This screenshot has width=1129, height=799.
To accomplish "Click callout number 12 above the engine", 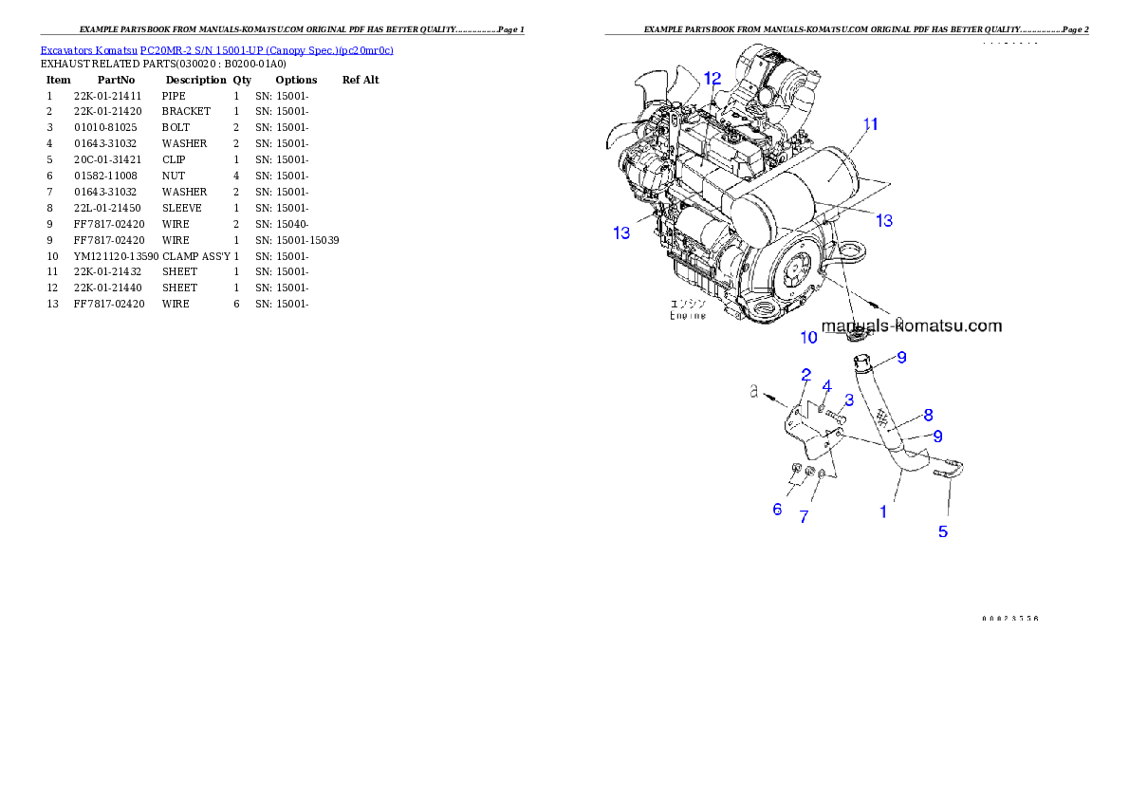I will tap(712, 78).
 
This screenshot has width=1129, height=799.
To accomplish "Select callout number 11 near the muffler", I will tap(870, 124).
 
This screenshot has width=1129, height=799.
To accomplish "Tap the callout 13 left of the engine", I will tap(621, 232).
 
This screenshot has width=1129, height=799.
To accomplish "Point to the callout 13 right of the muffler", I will tap(883, 220).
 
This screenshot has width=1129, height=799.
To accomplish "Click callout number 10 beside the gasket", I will tap(808, 337).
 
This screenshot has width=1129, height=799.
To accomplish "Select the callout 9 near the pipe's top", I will tap(901, 357).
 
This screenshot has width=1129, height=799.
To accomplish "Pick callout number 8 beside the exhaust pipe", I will tap(928, 414).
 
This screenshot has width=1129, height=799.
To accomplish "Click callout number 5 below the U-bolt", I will tap(942, 531).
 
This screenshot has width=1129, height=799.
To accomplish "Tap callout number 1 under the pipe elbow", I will tap(883, 511).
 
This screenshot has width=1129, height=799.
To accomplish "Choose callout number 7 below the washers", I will tap(804, 517).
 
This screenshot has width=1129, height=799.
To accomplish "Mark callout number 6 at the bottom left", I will tap(777, 510).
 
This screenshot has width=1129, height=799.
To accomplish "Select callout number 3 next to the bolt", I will tap(849, 399).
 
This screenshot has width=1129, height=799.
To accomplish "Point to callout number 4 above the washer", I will tap(826, 385).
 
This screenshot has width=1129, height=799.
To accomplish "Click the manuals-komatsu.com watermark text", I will tap(911, 325).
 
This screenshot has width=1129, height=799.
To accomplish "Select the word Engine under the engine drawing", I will tap(688, 315).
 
